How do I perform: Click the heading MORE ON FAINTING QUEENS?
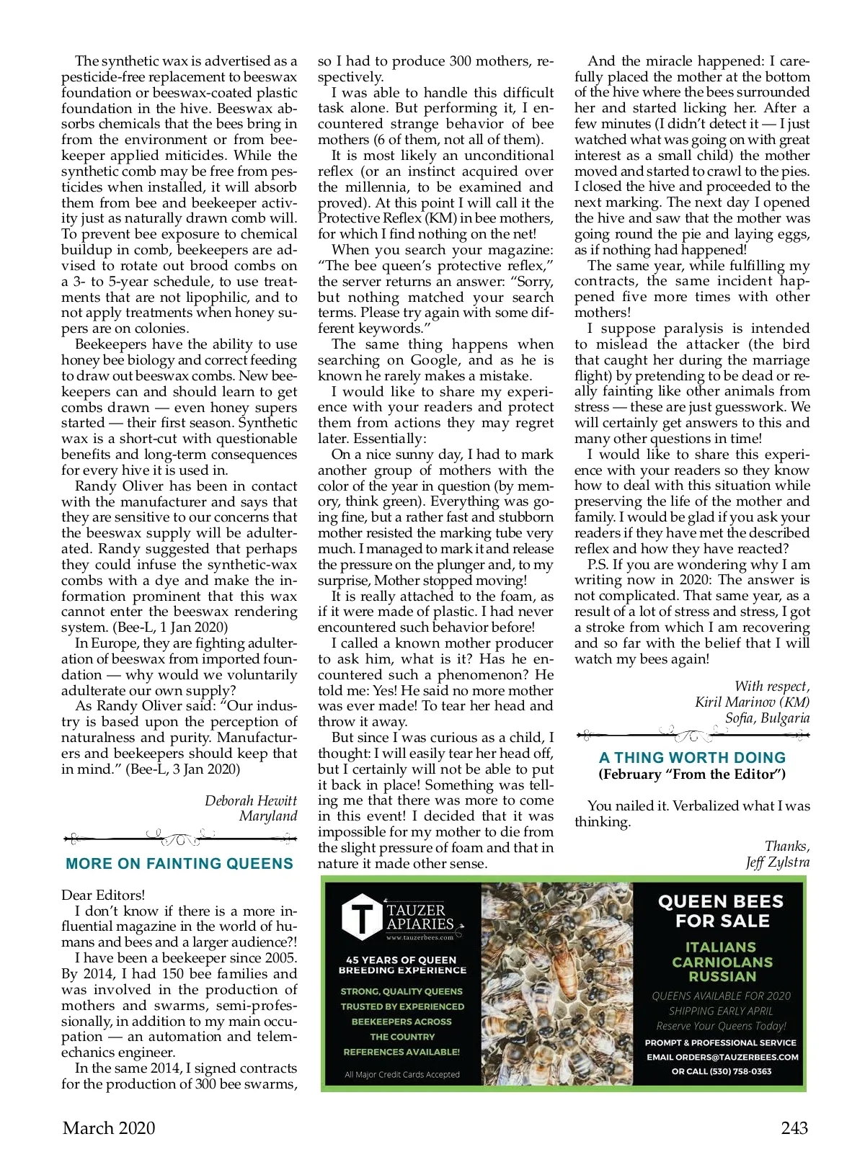[179, 863]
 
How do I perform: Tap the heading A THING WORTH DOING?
[692, 757]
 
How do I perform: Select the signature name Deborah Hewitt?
[250, 800]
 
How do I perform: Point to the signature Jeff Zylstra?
[778, 862]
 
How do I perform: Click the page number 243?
[794, 1128]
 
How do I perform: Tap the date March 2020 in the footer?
[109, 1128]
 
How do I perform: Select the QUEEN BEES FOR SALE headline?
[720, 911]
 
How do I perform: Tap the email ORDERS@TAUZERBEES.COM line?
[722, 1057]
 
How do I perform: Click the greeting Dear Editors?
[103, 895]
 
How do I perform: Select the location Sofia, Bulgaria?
[767, 718]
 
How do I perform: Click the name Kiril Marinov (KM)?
[752, 702]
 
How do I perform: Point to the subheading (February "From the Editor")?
[691, 774]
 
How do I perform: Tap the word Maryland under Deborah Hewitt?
[268, 816]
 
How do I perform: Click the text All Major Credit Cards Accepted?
[402, 1074]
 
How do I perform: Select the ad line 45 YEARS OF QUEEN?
[401, 960]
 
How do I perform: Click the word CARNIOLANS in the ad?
[720, 962]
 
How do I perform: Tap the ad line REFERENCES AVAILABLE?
[402, 1052]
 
